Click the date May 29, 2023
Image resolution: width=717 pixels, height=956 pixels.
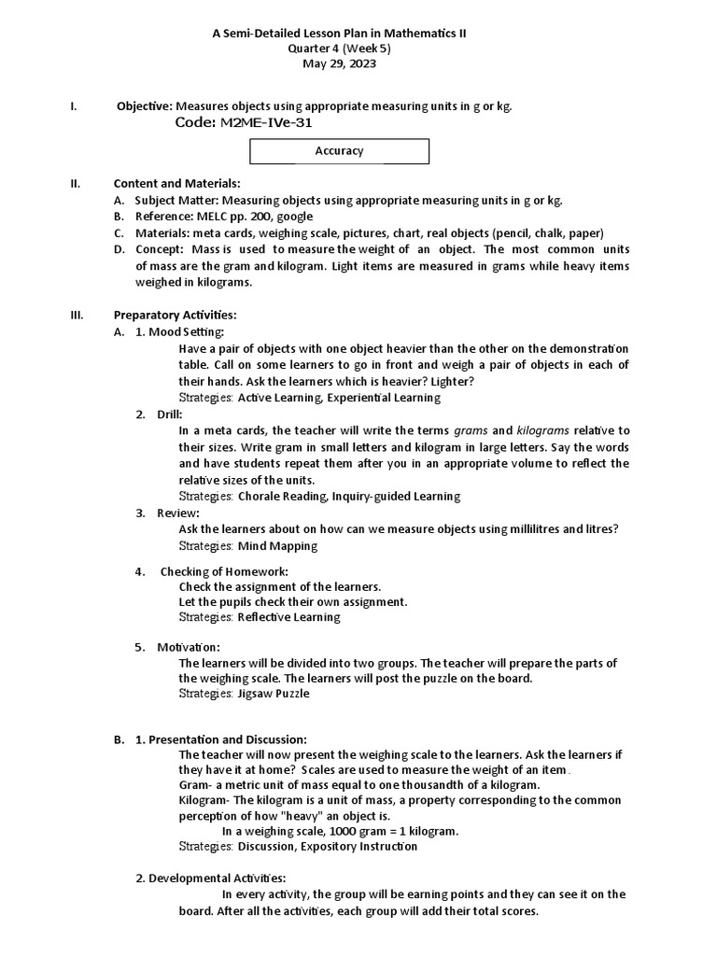click(x=340, y=63)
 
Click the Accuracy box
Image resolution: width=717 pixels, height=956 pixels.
click(x=340, y=150)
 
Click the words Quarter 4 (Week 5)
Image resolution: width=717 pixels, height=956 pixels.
click(x=340, y=49)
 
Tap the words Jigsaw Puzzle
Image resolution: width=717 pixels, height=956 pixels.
click(x=273, y=694)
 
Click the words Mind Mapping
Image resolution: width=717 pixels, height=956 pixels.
click(x=277, y=545)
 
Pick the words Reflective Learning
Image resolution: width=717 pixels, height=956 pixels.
click(x=288, y=617)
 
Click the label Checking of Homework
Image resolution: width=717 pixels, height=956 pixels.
click(x=224, y=571)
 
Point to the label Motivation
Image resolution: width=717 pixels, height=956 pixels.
click(x=189, y=646)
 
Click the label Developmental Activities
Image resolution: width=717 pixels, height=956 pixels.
click(x=217, y=878)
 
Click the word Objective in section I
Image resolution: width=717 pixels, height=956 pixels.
click(x=144, y=106)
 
